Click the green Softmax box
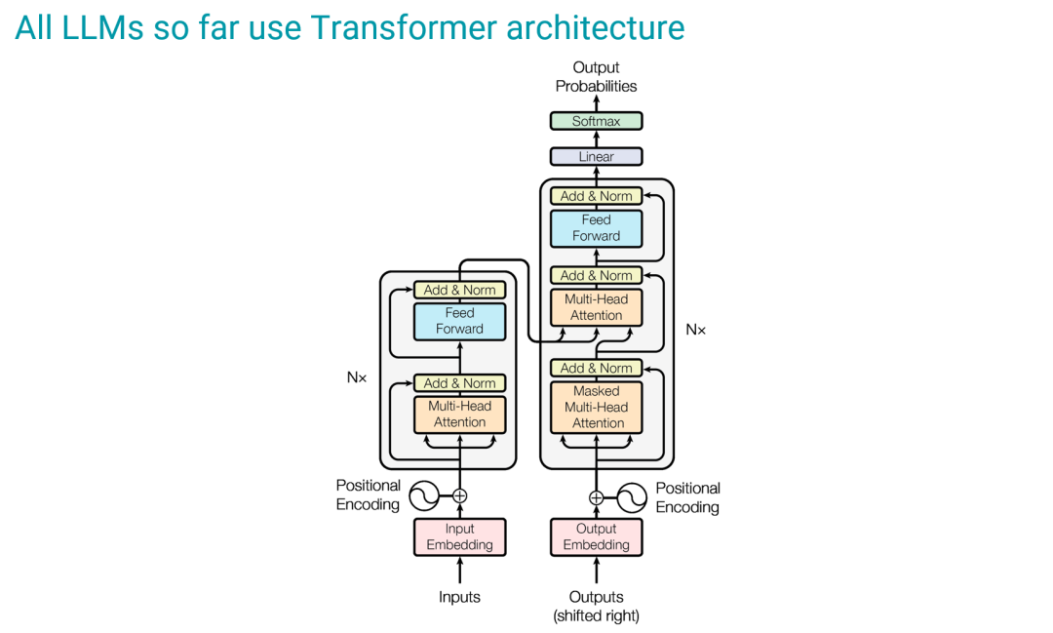[x=597, y=121]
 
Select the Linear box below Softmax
[x=597, y=156]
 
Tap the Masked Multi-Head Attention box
[x=597, y=407]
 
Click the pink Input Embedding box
[x=460, y=536]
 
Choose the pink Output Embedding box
[x=597, y=536]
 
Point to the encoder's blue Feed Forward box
[x=460, y=321]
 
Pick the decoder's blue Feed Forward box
[x=597, y=227]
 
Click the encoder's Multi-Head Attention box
[x=460, y=414]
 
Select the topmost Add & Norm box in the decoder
[x=597, y=196]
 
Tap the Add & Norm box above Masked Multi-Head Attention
[x=597, y=368]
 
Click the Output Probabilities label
[x=597, y=77]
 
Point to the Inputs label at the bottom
[x=460, y=597]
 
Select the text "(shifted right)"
[x=597, y=615]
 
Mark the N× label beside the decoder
[x=695, y=330]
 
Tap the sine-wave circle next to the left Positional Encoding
[x=424, y=495]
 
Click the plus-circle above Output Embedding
[x=597, y=497]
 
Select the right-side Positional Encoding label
[x=687, y=497]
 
